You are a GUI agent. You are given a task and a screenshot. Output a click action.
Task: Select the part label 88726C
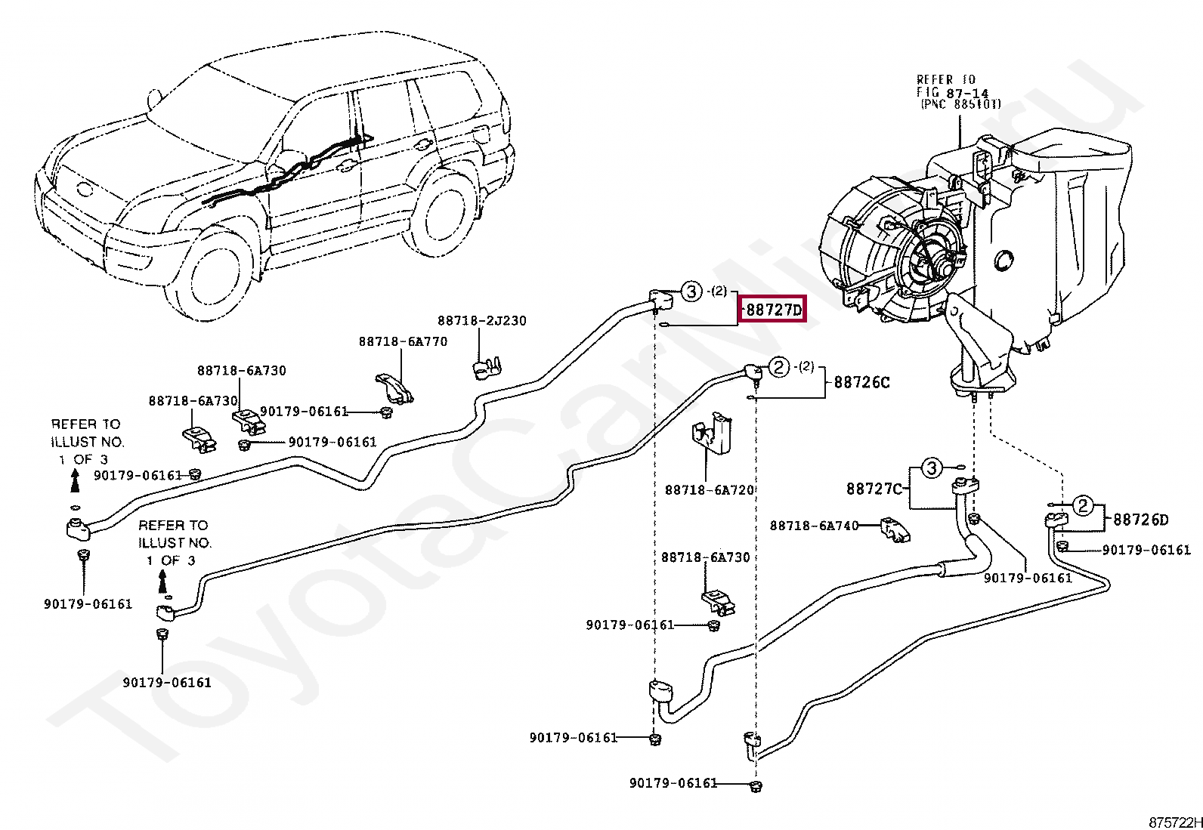coord(861,382)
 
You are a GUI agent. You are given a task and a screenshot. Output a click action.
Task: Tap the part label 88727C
coord(874,489)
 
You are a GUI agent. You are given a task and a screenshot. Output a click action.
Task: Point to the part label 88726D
coord(1141,520)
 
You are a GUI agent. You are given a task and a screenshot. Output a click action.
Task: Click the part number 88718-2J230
coord(482,320)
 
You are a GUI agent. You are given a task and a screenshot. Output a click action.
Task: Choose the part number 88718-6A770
coord(403,341)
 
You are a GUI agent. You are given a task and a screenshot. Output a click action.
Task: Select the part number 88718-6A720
coord(710,489)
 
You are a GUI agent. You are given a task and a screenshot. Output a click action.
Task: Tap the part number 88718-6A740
coord(814,526)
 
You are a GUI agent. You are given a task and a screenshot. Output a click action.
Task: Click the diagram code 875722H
coord(1175,822)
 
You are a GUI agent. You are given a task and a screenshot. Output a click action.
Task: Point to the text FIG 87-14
coord(952,92)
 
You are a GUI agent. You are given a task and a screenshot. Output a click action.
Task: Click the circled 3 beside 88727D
coord(691,292)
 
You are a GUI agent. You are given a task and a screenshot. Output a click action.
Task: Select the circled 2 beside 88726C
coord(779,367)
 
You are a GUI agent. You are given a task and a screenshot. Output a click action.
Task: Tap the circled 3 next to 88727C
coord(932,467)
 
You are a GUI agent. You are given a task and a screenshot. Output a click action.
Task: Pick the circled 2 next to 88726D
coord(1083,505)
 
